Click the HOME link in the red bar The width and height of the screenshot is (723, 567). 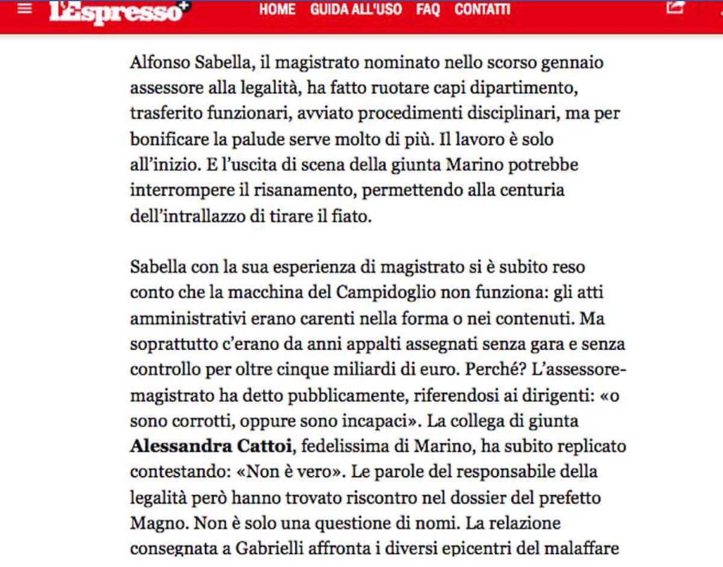[x=277, y=10]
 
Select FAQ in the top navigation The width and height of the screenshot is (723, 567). [x=428, y=10]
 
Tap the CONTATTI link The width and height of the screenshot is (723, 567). [x=482, y=10]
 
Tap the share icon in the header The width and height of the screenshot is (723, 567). [x=676, y=7]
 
